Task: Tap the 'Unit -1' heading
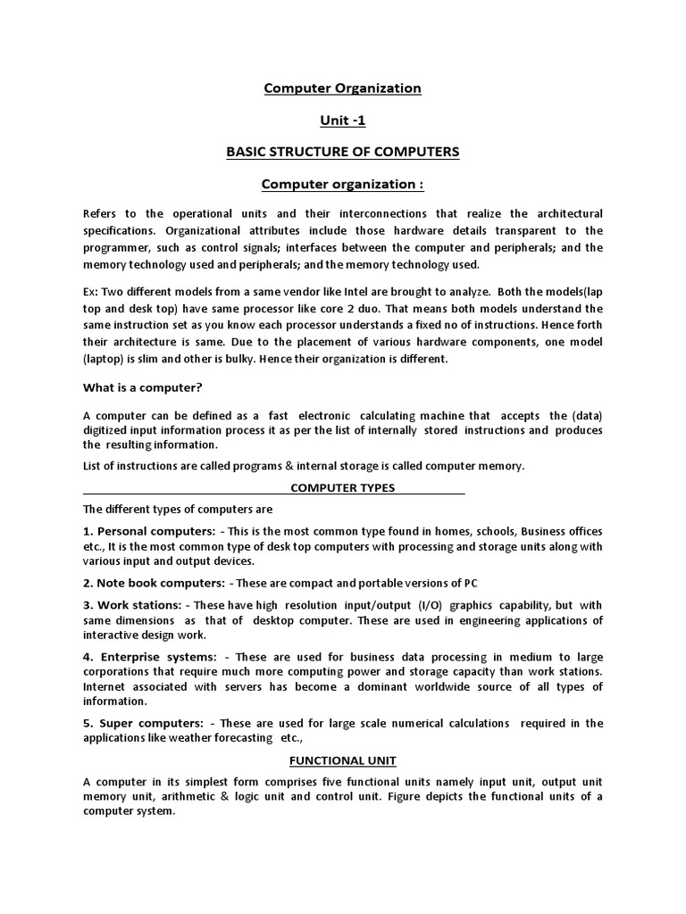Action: coord(343,120)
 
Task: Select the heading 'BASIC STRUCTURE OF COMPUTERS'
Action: coord(343,152)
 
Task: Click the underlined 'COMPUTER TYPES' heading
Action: coord(343,488)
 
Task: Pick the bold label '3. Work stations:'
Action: coord(135,604)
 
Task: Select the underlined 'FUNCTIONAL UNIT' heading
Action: coord(343,760)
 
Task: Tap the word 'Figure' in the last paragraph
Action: coord(456,796)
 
